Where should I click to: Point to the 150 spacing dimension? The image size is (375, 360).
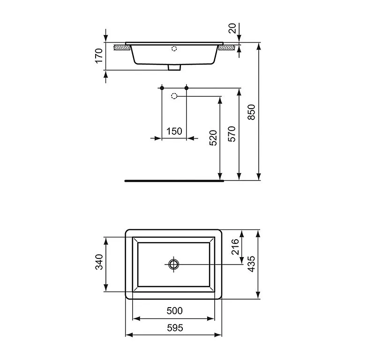click(174, 131)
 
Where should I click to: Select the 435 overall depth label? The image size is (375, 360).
click(251, 264)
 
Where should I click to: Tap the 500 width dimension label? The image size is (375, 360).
click(174, 310)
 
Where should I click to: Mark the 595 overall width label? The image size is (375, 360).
click(174, 328)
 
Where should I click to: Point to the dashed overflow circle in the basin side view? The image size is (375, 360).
click(174, 48)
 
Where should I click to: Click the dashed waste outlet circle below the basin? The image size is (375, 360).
click(174, 96)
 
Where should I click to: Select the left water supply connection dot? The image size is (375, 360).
click(162, 88)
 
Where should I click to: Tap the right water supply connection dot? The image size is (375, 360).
click(187, 88)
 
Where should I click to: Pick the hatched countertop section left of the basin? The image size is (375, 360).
click(122, 47)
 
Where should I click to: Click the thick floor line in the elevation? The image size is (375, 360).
click(173, 180)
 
